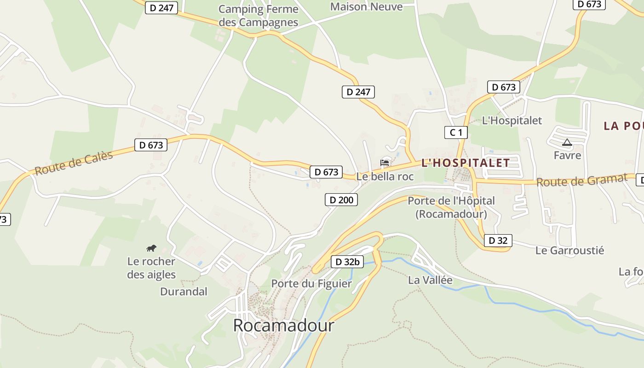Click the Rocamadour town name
click(283, 325)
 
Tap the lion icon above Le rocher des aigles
click(151, 248)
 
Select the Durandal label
click(184, 292)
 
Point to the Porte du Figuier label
click(311, 283)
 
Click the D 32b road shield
click(347, 262)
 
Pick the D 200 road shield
click(341, 200)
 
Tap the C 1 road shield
click(456, 133)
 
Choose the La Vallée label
click(430, 280)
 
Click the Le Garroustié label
click(569, 251)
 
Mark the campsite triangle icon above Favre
click(567, 143)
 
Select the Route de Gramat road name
click(582, 180)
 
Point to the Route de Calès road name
click(74, 163)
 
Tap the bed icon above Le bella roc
click(385, 162)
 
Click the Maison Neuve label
click(366, 6)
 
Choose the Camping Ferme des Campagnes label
click(258, 16)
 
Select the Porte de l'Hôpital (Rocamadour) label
click(451, 207)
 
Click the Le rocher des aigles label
click(151, 268)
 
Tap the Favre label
click(567, 155)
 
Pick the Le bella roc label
click(385, 177)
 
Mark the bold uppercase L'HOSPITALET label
click(466, 163)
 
